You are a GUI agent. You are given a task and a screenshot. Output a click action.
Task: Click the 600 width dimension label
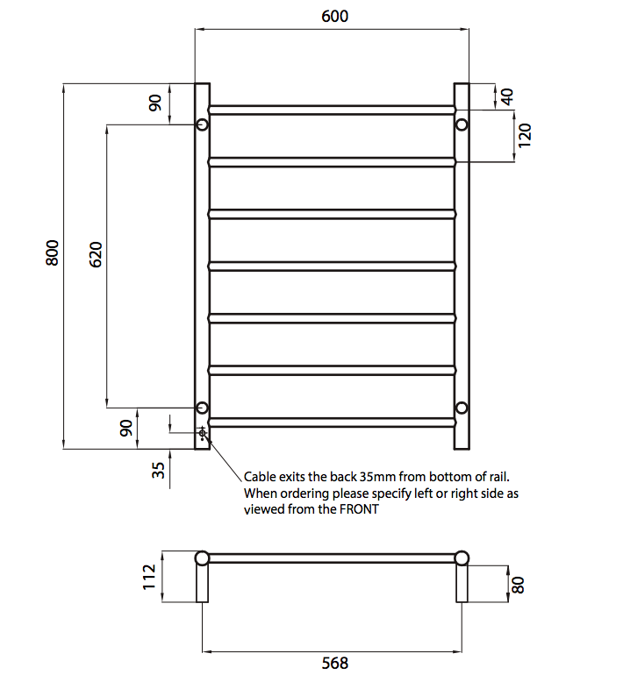coord(334,16)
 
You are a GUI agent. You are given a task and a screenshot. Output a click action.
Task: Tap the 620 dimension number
coord(97,254)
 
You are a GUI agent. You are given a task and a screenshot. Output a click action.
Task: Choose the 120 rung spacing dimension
coord(525,136)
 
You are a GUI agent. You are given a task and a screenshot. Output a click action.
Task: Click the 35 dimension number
coord(158,470)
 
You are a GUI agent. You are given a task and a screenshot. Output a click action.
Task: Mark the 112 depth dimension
coord(149,576)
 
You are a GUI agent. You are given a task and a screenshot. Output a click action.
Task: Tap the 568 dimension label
coord(334,664)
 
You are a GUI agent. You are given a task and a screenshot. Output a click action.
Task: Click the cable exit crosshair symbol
coord(203,433)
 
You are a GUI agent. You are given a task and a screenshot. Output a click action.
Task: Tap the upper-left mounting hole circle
coord(202,124)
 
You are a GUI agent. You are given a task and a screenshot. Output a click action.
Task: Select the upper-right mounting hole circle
coord(462,124)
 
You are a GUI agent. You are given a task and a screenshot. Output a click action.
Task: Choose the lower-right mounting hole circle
coord(462,407)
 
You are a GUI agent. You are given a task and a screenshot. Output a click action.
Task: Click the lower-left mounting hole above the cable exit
coord(202,408)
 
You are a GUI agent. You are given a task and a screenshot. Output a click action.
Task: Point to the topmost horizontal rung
coord(332,110)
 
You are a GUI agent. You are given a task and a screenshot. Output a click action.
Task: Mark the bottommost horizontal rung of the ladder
coord(332,423)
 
